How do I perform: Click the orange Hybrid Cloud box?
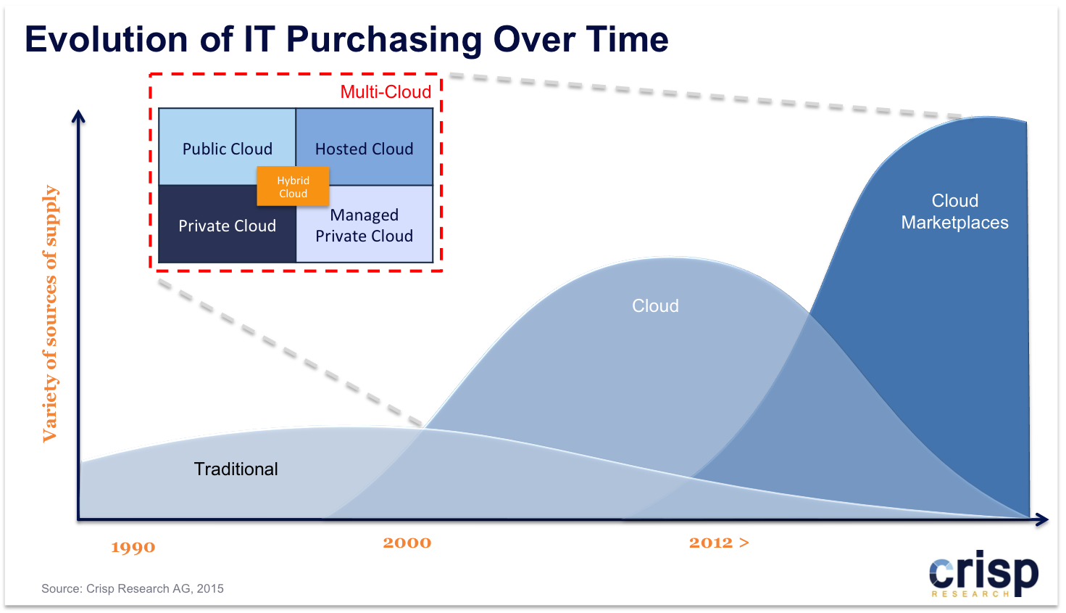293,186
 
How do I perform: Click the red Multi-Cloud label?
386,91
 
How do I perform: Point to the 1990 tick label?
133,547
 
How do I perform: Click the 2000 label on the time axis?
407,543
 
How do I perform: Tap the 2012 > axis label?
719,543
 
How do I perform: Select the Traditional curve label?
236,469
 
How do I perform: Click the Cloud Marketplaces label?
954,212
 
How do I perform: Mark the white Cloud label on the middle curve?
655,306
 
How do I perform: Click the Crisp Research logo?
983,574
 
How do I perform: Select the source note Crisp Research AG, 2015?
133,589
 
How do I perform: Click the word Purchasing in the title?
384,40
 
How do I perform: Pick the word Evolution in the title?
106,39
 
